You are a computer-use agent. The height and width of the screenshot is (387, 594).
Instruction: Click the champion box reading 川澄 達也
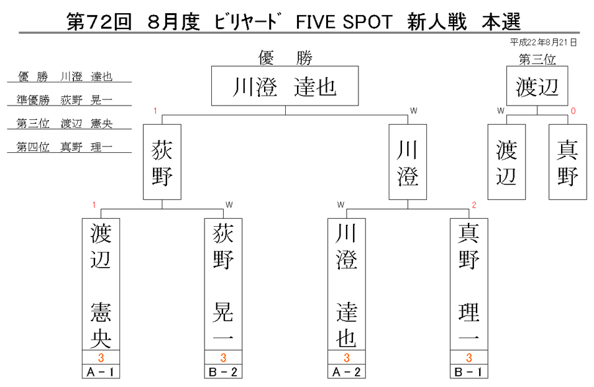(x=285, y=86)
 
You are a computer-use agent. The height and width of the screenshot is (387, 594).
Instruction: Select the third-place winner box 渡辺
(x=537, y=86)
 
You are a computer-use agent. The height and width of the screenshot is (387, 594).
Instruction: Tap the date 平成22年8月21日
(x=543, y=42)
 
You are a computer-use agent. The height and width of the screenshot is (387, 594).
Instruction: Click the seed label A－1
(x=101, y=372)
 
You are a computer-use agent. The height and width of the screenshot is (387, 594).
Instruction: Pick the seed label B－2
(x=223, y=372)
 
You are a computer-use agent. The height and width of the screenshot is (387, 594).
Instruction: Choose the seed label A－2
(x=346, y=372)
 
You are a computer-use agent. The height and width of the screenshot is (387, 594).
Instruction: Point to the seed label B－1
(x=469, y=372)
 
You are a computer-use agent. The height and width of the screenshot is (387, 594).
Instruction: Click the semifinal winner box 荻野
(x=162, y=162)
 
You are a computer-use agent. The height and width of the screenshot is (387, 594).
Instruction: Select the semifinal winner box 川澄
(x=408, y=162)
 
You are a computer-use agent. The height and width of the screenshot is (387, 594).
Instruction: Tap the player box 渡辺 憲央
(x=101, y=284)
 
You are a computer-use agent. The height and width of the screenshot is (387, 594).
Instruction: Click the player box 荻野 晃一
(x=223, y=284)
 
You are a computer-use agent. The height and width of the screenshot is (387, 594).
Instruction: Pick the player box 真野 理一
(x=469, y=284)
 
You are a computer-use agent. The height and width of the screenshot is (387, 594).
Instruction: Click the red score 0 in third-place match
(x=573, y=111)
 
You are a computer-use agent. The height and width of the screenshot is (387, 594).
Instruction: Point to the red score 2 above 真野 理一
(x=474, y=205)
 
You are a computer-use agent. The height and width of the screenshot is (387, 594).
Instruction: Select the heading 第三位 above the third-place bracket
(x=537, y=59)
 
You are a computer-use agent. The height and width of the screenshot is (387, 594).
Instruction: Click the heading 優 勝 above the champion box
(x=285, y=58)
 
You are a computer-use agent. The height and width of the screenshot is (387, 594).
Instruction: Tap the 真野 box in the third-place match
(x=568, y=162)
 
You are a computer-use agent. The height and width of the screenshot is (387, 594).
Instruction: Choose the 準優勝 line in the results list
(x=65, y=100)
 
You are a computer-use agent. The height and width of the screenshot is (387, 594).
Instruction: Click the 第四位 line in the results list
(x=65, y=147)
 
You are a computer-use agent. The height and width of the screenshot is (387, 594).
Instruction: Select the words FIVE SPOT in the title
(x=344, y=22)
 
